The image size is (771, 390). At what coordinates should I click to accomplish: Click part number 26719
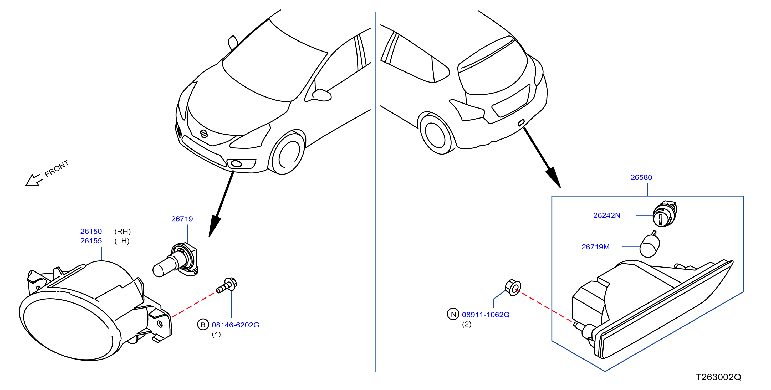pyautogui.click(x=182, y=219)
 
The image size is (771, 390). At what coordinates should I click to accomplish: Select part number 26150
pyautogui.click(x=91, y=231)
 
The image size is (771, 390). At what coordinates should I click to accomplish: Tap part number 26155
pyautogui.click(x=91, y=241)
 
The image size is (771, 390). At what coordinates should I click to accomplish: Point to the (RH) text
pyautogui.click(x=122, y=231)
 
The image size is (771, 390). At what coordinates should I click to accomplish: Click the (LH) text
pyautogui.click(x=122, y=241)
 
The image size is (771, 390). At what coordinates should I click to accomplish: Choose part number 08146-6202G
pyautogui.click(x=236, y=325)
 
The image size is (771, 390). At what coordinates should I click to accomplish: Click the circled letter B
pyautogui.click(x=203, y=325)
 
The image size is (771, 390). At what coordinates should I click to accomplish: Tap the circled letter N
pyautogui.click(x=453, y=314)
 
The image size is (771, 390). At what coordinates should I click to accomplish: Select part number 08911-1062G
pyautogui.click(x=486, y=315)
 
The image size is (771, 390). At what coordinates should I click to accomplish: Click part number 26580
pyautogui.click(x=641, y=177)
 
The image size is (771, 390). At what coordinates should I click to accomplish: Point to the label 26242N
pyautogui.click(x=607, y=215)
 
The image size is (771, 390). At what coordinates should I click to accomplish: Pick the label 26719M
pyautogui.click(x=595, y=247)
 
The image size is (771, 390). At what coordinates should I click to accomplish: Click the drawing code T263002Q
pyautogui.click(x=718, y=377)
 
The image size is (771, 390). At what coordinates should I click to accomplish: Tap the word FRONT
pyautogui.click(x=57, y=168)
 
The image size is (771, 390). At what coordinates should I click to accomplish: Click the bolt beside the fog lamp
pyautogui.click(x=227, y=285)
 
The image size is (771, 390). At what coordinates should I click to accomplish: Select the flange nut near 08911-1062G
pyautogui.click(x=513, y=288)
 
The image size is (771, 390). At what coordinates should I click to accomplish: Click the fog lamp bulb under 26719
pyautogui.click(x=175, y=260)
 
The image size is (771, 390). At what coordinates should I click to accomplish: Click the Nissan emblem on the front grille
pyautogui.click(x=204, y=134)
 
